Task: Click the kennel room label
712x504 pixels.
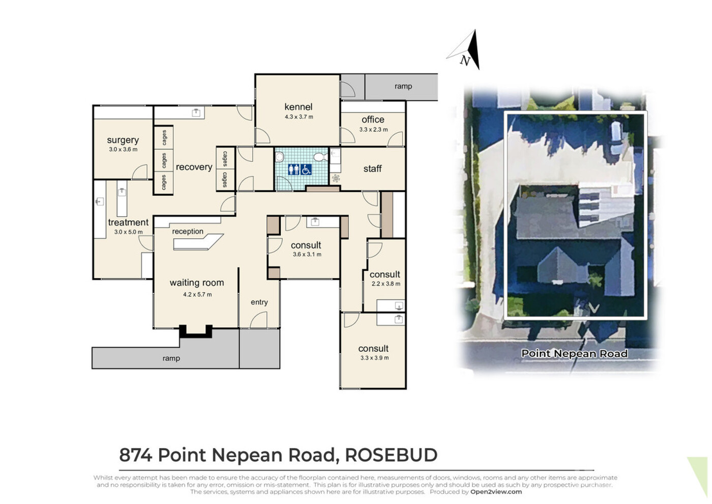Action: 298,107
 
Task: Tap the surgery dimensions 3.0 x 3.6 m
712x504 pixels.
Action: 123,149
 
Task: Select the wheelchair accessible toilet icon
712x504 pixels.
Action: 306,169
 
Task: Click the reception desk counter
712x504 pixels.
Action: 198,242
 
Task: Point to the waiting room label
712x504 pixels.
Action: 197,283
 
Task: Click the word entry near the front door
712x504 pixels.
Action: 259,302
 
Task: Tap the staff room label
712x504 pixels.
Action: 372,169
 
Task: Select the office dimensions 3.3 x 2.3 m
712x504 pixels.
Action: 373,129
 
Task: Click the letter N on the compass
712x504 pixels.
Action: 465,61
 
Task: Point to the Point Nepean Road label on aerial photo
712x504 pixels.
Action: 574,353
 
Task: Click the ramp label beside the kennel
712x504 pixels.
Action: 403,86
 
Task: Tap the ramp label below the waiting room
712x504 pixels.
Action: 171,358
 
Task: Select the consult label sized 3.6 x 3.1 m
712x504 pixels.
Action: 306,245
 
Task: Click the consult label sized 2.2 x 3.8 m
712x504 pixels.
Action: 384,274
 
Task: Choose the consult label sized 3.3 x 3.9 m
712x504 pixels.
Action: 373,348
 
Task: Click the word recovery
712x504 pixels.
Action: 194,167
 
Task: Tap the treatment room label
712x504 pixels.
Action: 128,222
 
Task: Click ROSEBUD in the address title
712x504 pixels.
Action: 391,455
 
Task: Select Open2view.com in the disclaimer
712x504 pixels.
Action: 496,492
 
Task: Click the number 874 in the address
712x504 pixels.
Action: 136,455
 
